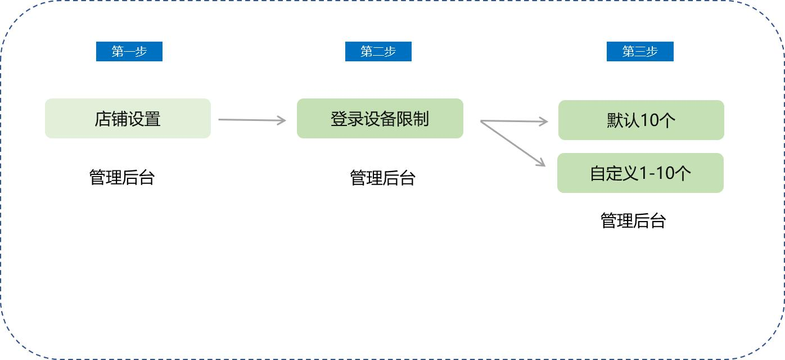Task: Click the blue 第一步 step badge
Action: (129, 52)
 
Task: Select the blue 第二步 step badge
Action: (378, 52)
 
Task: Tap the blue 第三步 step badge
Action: (640, 52)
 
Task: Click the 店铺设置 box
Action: (128, 119)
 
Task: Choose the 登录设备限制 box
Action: (380, 119)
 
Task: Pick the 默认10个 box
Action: (641, 120)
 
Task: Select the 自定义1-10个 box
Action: (640, 173)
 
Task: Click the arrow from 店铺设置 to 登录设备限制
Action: (252, 120)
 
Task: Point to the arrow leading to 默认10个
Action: (515, 121)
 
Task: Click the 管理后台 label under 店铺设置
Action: (122, 177)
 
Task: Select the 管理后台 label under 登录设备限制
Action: (382, 178)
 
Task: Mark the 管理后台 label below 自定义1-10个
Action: (633, 220)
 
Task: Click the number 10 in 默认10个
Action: (649, 120)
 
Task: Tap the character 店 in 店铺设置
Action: (103, 119)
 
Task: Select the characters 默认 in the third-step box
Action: (623, 120)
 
